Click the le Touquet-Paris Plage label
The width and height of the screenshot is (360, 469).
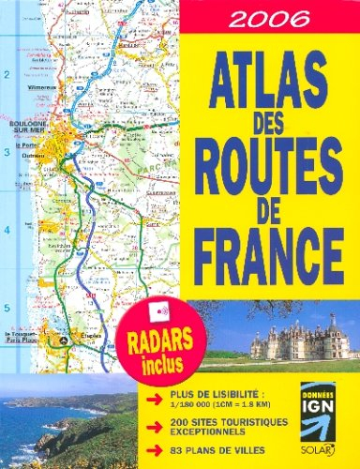28,338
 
